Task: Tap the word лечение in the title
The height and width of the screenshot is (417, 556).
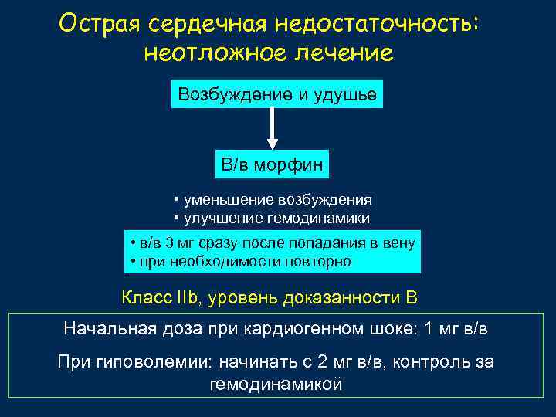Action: coord(341,53)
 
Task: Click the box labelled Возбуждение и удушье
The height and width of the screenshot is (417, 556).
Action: coord(276,95)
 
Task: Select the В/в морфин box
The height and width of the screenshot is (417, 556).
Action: coord(272,164)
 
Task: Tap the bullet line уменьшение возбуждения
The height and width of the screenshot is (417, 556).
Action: coord(277,198)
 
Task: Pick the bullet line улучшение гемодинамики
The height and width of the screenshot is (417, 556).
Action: coord(277,218)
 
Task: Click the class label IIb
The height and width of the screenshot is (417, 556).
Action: coord(188,297)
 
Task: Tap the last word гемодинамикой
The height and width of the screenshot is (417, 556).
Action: coord(276,384)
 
